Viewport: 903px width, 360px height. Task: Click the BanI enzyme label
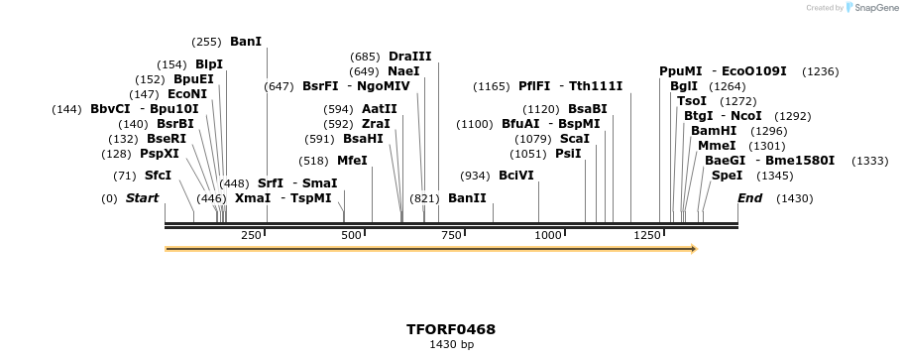(x=246, y=42)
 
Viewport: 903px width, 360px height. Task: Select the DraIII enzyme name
(x=410, y=57)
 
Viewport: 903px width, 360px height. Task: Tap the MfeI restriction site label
(x=352, y=161)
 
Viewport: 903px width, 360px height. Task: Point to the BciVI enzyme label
(x=515, y=176)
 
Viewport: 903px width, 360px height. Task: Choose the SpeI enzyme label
(x=727, y=176)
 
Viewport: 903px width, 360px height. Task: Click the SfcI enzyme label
(x=158, y=176)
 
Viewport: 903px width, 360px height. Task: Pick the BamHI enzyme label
(x=714, y=131)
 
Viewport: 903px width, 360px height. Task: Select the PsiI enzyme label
(x=568, y=154)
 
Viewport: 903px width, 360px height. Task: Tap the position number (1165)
(x=492, y=86)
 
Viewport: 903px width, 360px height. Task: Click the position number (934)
(x=474, y=176)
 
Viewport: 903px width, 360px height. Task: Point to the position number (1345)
(x=774, y=176)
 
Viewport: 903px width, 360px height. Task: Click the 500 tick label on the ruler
(x=352, y=235)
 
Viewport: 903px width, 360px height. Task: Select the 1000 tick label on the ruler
(x=548, y=235)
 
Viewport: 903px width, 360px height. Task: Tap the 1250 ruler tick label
(x=647, y=235)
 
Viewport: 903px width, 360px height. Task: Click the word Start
(x=142, y=198)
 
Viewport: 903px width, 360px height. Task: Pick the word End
(x=750, y=198)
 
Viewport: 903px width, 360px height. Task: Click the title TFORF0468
(x=451, y=329)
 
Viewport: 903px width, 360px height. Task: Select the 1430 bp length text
(x=451, y=345)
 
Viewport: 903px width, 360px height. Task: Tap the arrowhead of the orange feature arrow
(x=734, y=249)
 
